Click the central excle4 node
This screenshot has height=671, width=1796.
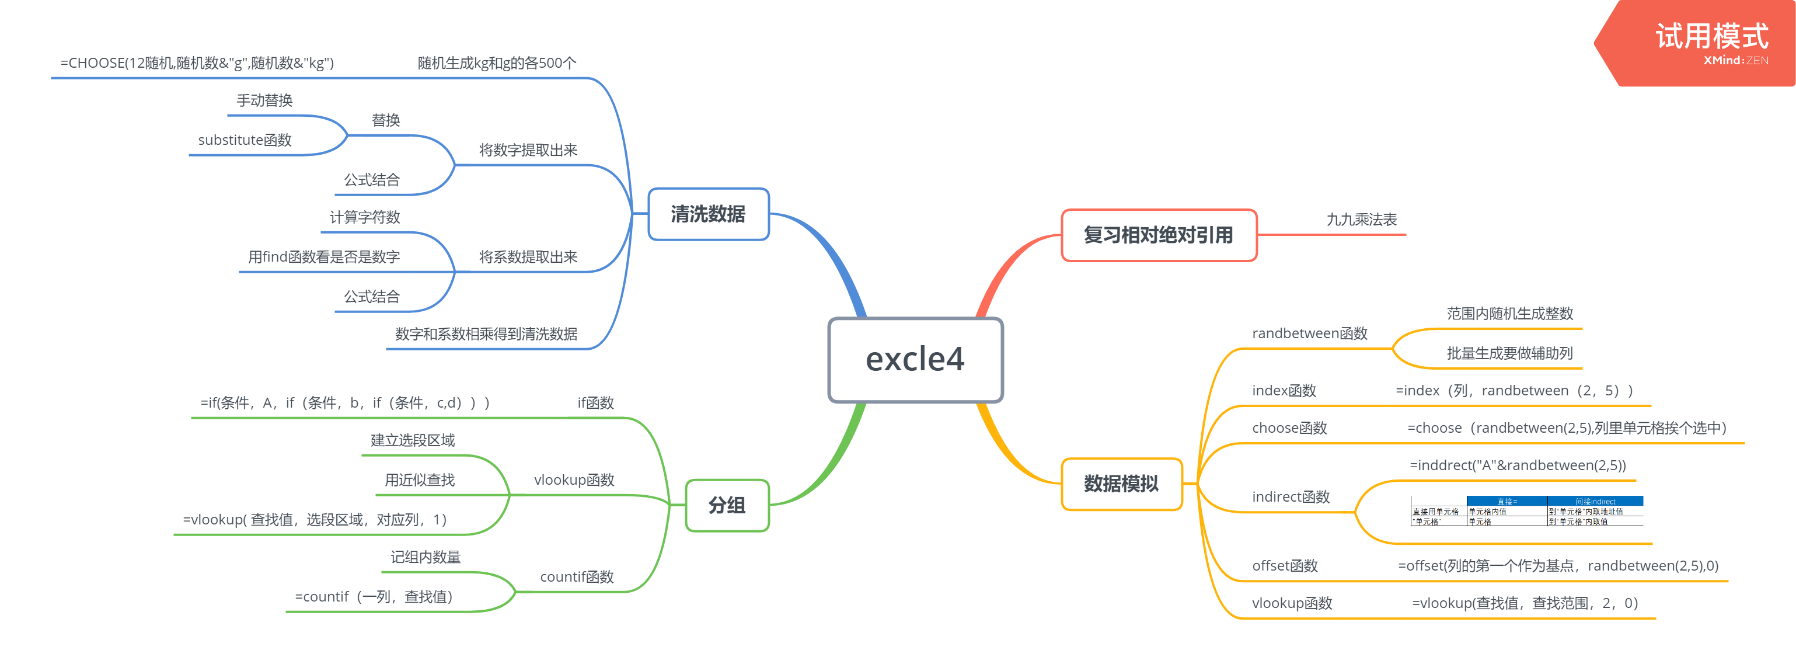pos(915,360)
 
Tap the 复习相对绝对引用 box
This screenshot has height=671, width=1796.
pos(1158,236)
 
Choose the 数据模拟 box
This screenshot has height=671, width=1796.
pos(1121,484)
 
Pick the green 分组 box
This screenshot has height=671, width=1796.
pos(727,506)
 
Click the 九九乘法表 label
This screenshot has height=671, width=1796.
pos(1361,220)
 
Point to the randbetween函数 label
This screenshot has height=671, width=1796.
pos(1309,333)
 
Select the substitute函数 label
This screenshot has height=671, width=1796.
pos(245,140)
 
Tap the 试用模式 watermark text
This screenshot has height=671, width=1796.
pos(1711,36)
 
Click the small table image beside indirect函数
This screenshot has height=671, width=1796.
pos(1527,511)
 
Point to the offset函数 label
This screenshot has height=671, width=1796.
pos(1284,566)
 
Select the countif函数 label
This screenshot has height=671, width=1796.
pos(577,577)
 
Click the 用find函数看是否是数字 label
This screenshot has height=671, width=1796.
pos(323,258)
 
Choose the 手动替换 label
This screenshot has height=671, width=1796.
pos(264,100)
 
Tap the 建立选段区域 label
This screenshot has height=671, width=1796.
pos(412,440)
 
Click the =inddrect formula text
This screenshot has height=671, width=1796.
pos(1517,465)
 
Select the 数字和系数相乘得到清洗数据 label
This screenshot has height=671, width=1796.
pos(486,334)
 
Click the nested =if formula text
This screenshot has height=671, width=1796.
pos(345,403)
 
